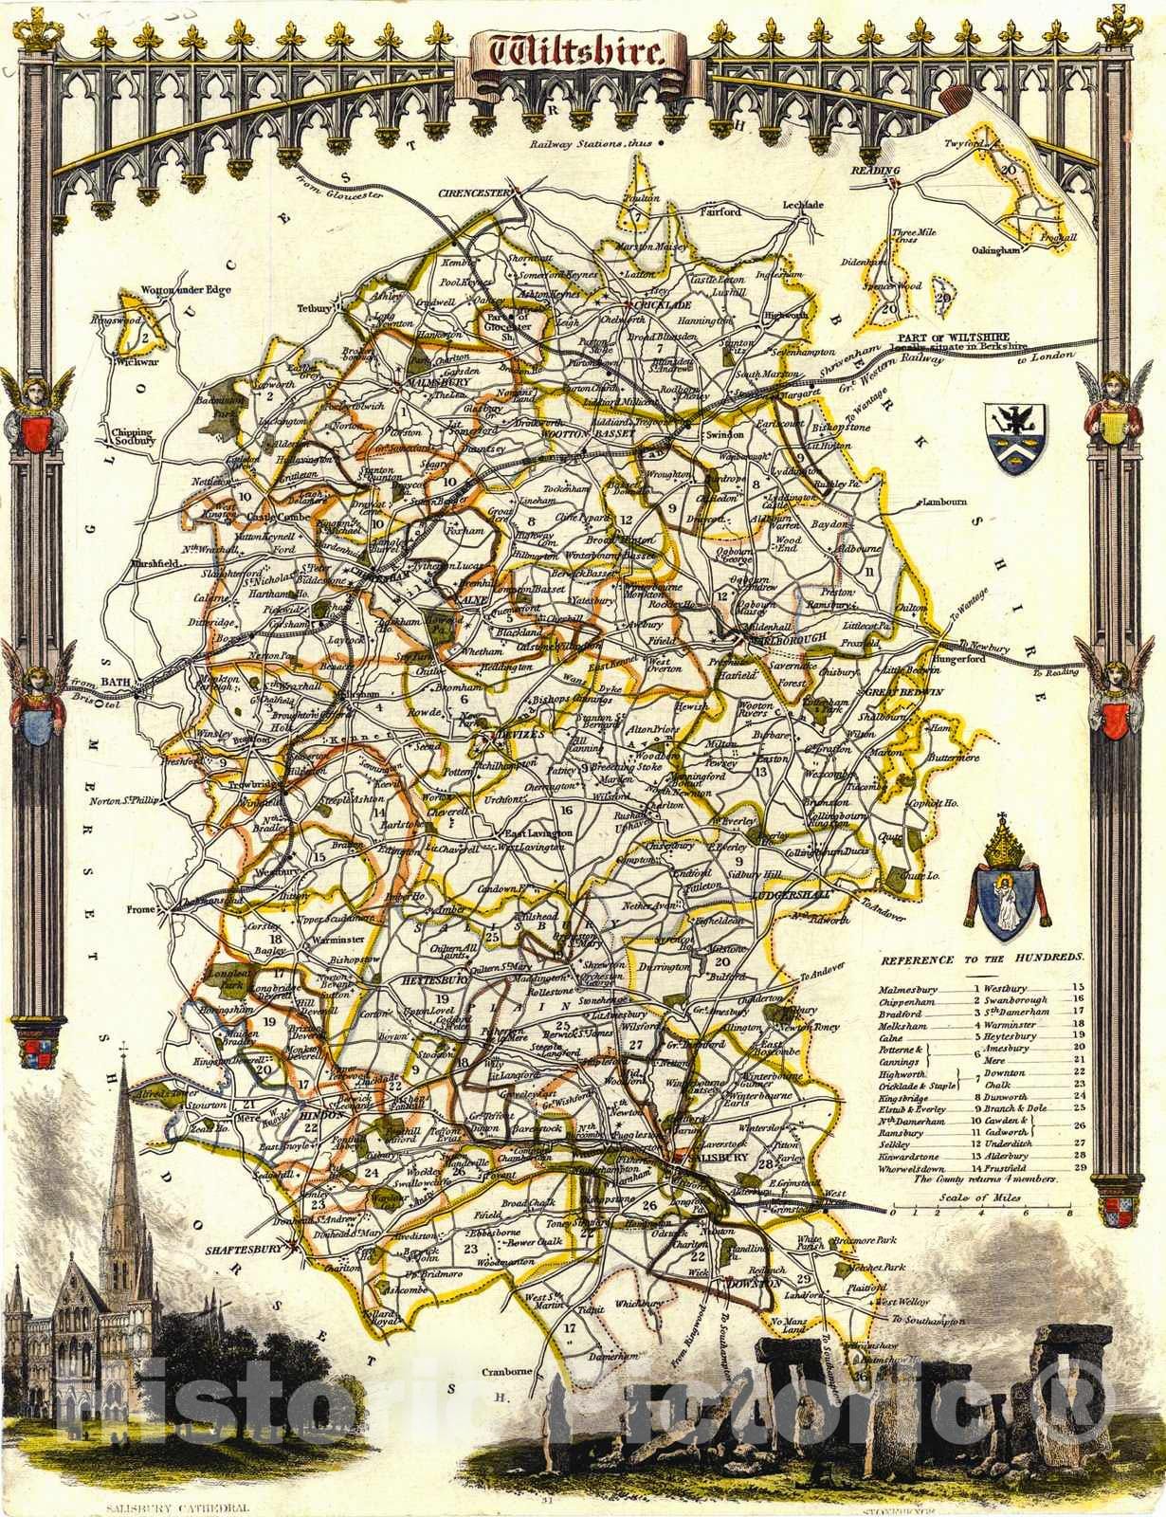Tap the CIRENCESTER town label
[x=472, y=193]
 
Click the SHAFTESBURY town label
[x=244, y=1250]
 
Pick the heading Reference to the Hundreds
[x=980, y=960]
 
